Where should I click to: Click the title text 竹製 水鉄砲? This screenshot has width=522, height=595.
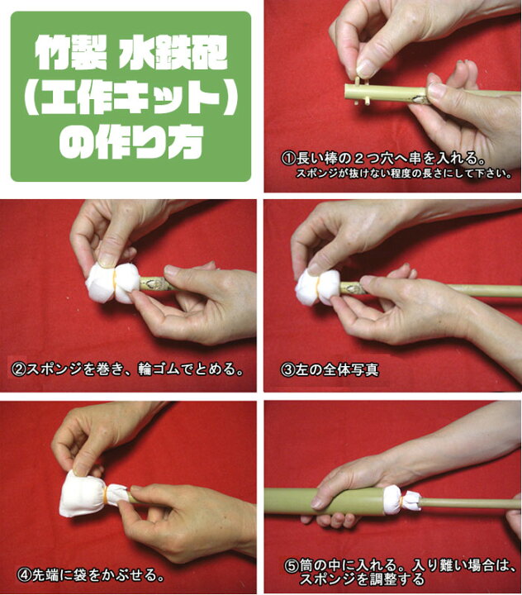130,55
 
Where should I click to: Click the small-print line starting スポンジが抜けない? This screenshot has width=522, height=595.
405,174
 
